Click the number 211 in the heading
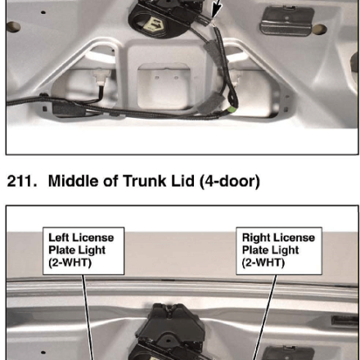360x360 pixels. tap(22, 181)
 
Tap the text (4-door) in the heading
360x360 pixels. tap(230, 181)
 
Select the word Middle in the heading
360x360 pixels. tap(73, 181)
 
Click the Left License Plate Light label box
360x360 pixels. tap(83, 250)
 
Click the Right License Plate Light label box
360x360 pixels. tap(279, 250)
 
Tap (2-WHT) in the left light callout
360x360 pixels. tap(70, 263)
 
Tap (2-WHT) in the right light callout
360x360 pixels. tap(263, 263)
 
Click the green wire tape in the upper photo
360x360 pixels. tap(232, 110)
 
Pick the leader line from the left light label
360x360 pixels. tap(88, 317)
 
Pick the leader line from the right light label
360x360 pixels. tap(264, 317)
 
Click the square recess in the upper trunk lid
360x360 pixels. tap(164, 86)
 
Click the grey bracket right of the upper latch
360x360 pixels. tap(286, 20)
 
